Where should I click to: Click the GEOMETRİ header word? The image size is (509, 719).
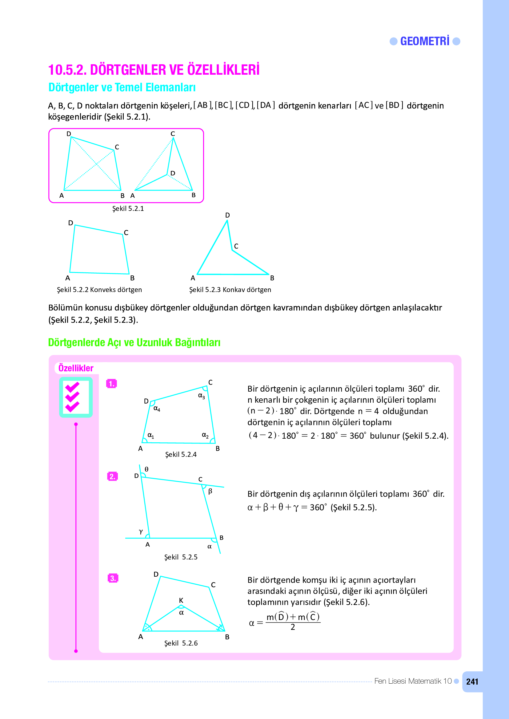(425, 41)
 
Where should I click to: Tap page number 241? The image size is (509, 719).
(472, 682)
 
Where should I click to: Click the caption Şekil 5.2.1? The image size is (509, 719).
(128, 208)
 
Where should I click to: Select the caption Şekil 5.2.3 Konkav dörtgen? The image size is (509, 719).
(230, 290)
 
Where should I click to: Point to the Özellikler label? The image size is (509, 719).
(76, 368)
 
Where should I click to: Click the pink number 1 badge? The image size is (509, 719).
(112, 384)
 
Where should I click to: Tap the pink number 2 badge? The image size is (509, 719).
(112, 476)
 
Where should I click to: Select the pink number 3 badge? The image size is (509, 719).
(113, 578)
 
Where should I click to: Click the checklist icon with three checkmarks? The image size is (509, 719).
(76, 397)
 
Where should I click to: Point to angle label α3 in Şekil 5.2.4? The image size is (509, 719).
(201, 396)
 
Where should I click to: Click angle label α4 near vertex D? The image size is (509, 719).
(157, 409)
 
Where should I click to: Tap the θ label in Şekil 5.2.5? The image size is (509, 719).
(146, 469)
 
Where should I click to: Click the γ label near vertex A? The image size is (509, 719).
(141, 531)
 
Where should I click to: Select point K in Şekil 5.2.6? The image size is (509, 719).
(181, 600)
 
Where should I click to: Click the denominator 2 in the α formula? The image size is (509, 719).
(293, 627)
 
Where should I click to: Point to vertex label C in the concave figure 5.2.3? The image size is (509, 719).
(236, 246)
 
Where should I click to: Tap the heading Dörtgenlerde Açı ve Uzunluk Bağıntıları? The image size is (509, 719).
(134, 342)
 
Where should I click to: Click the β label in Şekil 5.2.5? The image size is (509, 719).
(210, 491)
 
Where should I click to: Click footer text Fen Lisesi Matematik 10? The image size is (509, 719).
(413, 681)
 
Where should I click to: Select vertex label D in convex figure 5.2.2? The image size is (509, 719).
(70, 223)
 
